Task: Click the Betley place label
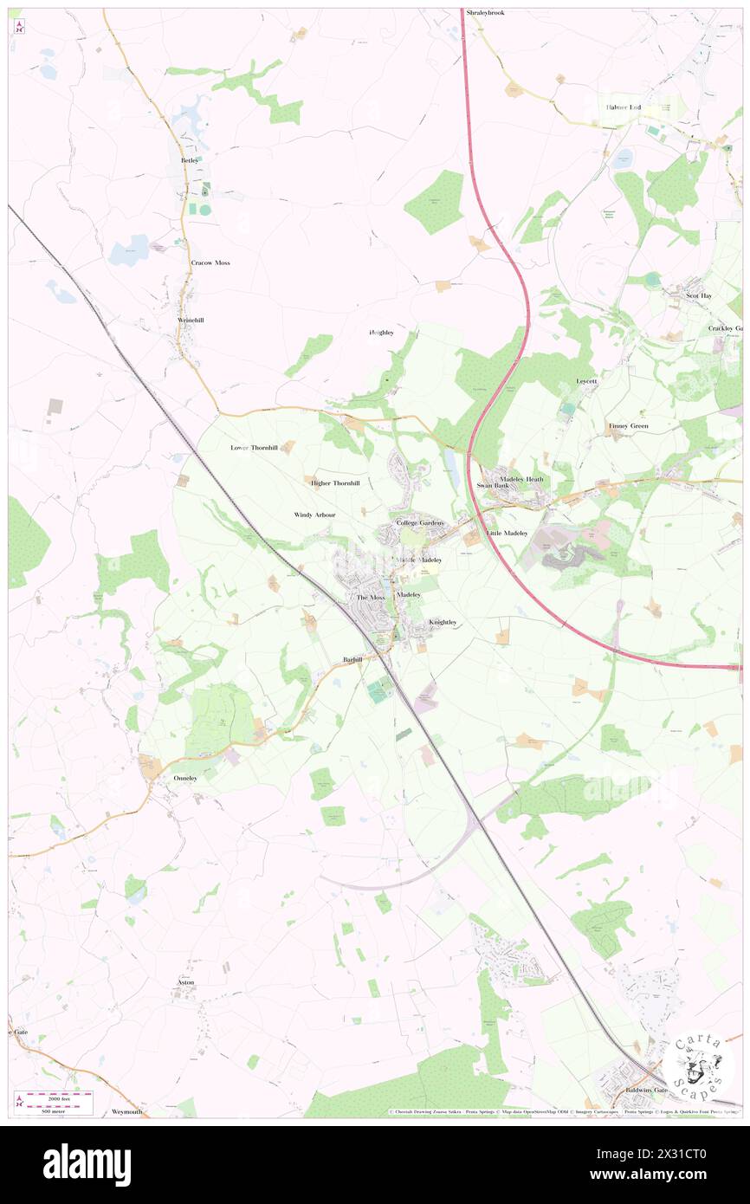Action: (x=190, y=160)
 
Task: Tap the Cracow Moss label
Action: (x=210, y=262)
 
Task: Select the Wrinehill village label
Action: (x=191, y=320)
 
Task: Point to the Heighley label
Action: (x=381, y=333)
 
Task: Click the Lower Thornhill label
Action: (x=254, y=448)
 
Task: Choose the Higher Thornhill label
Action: (x=334, y=482)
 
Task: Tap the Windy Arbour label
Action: (x=314, y=515)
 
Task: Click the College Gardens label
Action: (x=420, y=523)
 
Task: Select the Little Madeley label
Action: (x=507, y=533)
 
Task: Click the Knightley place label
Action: (x=443, y=622)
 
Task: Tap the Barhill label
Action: (x=352, y=659)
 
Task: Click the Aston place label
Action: (x=186, y=982)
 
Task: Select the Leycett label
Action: (x=587, y=382)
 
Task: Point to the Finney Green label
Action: (x=629, y=426)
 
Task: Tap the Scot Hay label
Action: (x=699, y=295)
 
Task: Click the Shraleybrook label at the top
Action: (x=485, y=13)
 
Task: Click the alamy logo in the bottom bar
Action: (x=87, y=1164)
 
